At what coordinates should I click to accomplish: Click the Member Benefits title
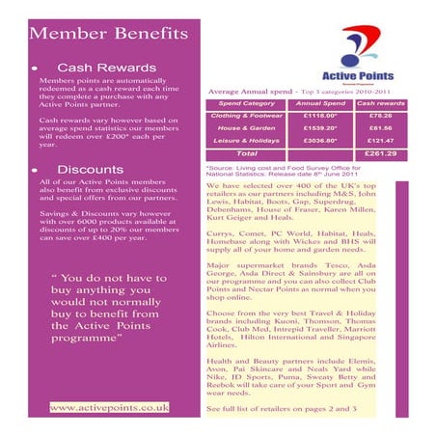coord(108,34)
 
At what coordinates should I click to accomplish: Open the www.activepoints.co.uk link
coord(109,407)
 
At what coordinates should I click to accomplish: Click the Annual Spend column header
coord(319,102)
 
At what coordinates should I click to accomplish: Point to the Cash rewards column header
coord(380,102)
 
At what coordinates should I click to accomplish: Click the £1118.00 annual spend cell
coord(319,115)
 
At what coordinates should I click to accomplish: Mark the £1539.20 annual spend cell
coord(319,127)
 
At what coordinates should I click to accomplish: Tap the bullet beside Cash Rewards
coord(35,69)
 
